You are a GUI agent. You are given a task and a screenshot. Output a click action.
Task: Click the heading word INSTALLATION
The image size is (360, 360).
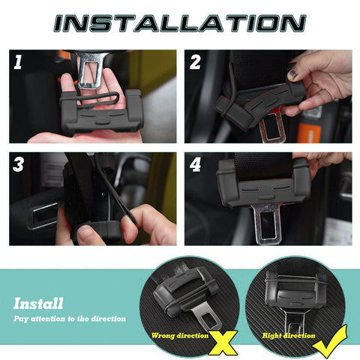click(179, 22)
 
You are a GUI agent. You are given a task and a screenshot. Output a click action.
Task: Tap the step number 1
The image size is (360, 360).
click(19, 62)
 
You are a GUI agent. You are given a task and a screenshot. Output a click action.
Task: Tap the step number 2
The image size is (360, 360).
click(195, 62)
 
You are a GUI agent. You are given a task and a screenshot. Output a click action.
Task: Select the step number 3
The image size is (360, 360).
click(19, 163)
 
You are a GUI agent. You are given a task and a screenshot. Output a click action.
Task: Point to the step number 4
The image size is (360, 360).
click(195, 163)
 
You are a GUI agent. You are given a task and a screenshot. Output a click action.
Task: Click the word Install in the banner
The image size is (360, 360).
click(38, 304)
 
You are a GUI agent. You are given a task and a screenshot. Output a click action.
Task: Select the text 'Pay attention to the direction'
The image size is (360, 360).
click(69, 319)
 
